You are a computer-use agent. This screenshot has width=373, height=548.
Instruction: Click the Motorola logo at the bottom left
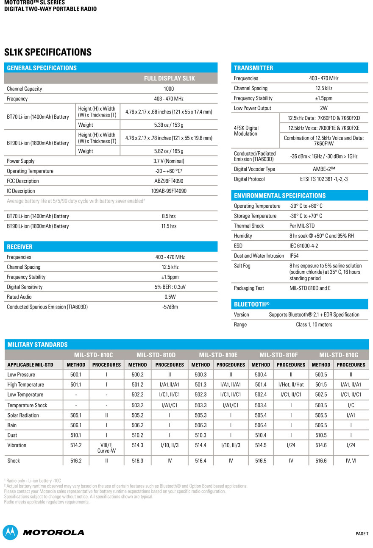[x=44, y=532]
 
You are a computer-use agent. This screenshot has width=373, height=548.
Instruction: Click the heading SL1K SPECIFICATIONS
[x=48, y=52]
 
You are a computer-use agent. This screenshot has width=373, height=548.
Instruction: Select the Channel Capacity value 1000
[x=169, y=89]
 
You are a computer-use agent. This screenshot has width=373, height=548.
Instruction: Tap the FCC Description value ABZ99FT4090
[x=169, y=181]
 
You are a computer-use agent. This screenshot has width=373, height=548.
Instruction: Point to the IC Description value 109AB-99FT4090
[x=169, y=191]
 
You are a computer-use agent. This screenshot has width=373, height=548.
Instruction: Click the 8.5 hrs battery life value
[x=169, y=216]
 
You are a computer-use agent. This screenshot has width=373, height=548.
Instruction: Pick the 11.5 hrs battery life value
[x=169, y=226]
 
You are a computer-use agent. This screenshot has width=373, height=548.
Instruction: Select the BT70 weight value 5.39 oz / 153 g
[x=169, y=125]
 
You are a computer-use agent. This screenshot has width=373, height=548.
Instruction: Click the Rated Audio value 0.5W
[x=170, y=297]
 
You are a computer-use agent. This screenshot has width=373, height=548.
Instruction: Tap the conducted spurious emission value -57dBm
[x=170, y=307]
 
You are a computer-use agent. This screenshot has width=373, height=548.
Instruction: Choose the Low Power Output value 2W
[x=324, y=108]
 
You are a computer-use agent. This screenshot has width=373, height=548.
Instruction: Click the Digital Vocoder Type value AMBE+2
[x=324, y=169]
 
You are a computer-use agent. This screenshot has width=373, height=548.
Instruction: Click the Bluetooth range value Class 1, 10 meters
[x=314, y=325]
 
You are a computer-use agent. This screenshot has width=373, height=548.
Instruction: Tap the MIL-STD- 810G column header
[x=339, y=355]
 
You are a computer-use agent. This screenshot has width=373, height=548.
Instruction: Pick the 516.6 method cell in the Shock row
[x=321, y=461]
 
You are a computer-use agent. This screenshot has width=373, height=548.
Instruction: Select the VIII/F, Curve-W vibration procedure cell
[x=106, y=448]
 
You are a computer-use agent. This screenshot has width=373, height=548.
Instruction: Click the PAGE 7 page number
[x=362, y=534]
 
